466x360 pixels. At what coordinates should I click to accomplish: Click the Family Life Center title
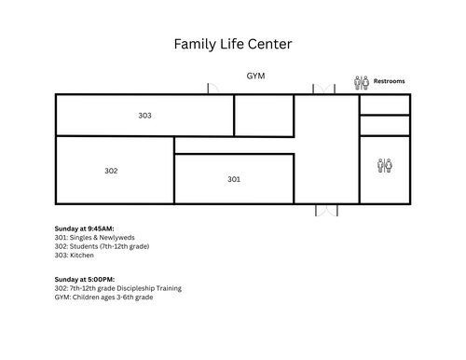pos(233,44)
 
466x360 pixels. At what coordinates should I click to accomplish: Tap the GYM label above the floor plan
pos(255,76)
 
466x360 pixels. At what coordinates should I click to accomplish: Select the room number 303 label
pos(144,116)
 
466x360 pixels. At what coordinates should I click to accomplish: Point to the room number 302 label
pos(111,171)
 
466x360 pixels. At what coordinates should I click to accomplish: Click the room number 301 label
pos(234,179)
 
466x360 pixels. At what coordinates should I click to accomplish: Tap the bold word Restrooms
pos(389,81)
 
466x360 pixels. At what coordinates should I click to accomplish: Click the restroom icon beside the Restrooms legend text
pos(362,83)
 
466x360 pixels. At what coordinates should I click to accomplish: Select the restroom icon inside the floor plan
pos(385,165)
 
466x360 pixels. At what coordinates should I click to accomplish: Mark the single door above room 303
pos(213,89)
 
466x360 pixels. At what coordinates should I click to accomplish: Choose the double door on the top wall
pos(323,89)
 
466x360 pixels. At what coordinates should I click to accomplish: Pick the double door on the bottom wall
pos(326,210)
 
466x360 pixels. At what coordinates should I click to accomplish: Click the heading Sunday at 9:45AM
pos(84,228)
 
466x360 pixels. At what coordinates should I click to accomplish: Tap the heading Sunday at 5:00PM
pos(85,280)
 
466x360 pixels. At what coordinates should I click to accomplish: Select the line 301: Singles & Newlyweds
pos(94,238)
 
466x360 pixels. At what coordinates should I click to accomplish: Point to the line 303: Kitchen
pos(74,256)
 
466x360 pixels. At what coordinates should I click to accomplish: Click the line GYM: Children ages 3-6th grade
pos(103,298)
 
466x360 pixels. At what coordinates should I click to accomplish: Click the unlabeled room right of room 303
pos(264,116)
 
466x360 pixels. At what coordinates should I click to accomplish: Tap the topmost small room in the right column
pos(385,104)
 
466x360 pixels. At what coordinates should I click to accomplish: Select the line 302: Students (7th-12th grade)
pos(102,246)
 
